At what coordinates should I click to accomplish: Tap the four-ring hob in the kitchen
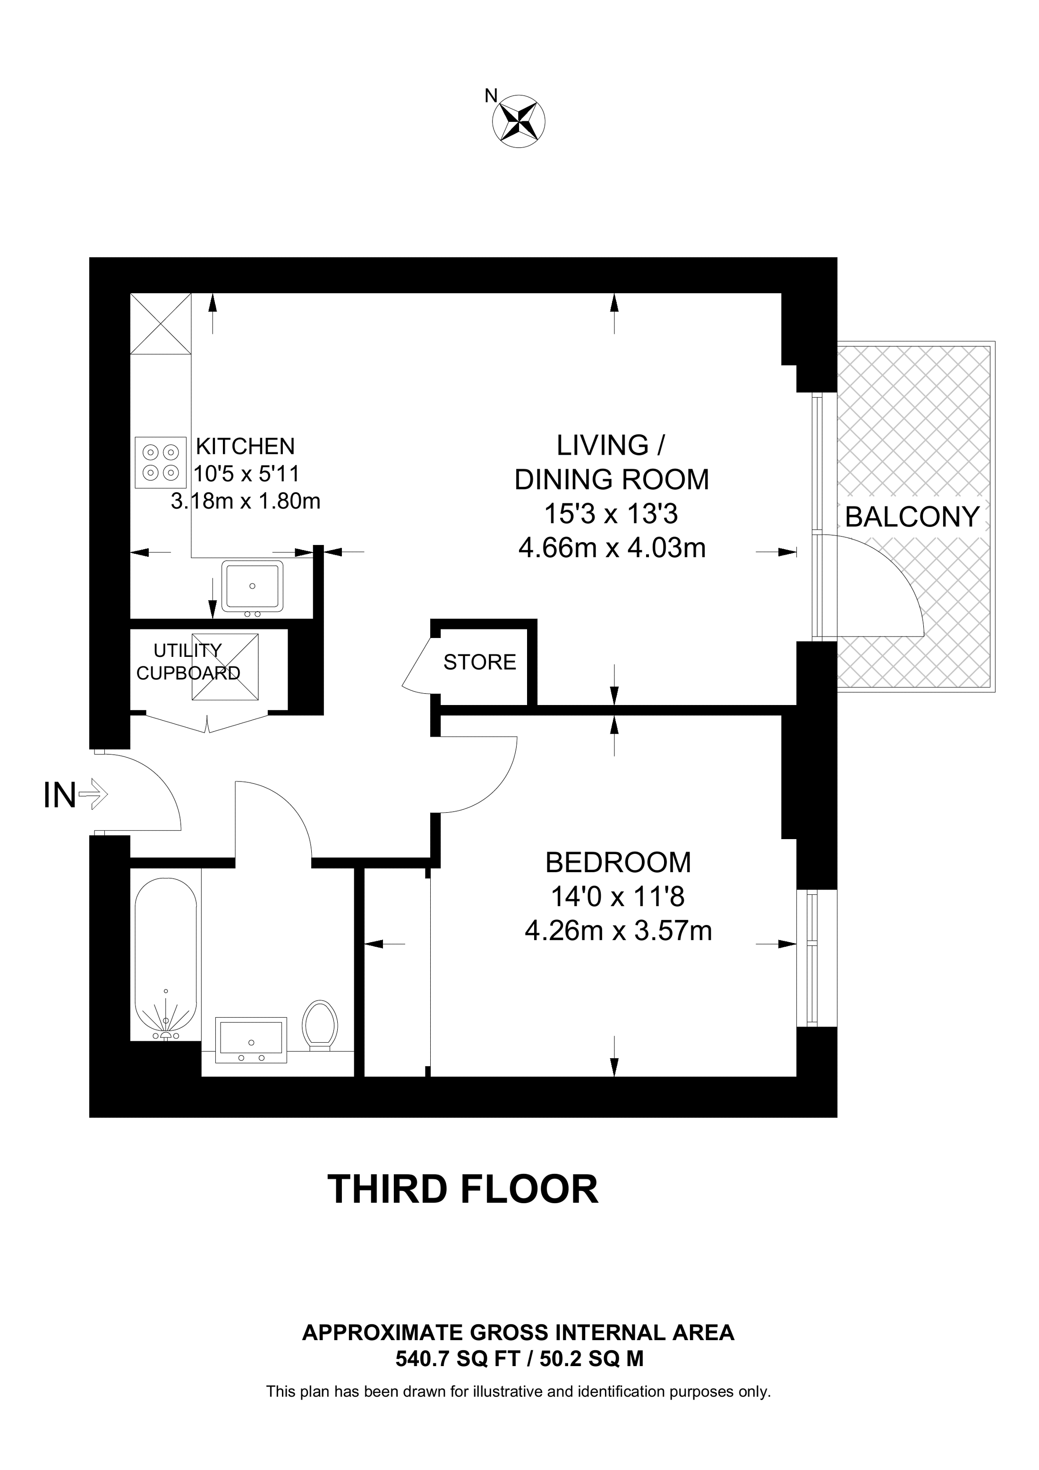161,462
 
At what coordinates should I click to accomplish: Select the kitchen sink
252,586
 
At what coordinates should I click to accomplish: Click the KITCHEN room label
245,446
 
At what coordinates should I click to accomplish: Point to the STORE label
479,662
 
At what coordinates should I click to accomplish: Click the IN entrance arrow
93,796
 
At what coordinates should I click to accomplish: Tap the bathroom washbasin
251,1039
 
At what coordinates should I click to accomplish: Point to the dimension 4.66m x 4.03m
612,548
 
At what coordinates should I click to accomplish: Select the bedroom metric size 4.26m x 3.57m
618,931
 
